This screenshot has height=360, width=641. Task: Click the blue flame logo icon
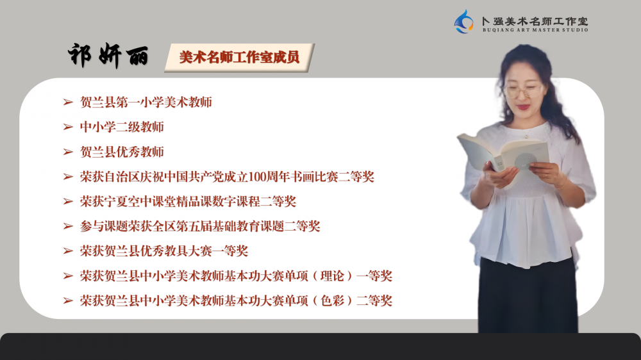464,22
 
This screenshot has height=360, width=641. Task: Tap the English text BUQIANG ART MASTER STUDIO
535,30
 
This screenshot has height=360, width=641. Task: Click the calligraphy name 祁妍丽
108,55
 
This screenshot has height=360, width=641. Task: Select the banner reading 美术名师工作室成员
240,58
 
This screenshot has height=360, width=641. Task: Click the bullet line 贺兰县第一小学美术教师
146,102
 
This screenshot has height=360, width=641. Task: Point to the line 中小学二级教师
122,127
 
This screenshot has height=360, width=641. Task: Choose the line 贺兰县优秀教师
122,152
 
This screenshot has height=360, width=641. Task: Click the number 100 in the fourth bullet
257,177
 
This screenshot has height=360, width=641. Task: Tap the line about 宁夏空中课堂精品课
188,201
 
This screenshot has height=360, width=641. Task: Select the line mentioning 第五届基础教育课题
200,226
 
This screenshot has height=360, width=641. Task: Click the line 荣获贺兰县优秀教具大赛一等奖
164,251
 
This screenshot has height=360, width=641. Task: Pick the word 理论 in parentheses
332,276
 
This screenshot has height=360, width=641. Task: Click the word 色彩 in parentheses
332,301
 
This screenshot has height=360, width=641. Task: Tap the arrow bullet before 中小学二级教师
68,127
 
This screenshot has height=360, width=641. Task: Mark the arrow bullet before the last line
68,301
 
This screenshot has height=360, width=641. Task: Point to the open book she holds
503,154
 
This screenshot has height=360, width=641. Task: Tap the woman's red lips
523,108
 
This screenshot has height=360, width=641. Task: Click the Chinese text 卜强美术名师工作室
535,21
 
